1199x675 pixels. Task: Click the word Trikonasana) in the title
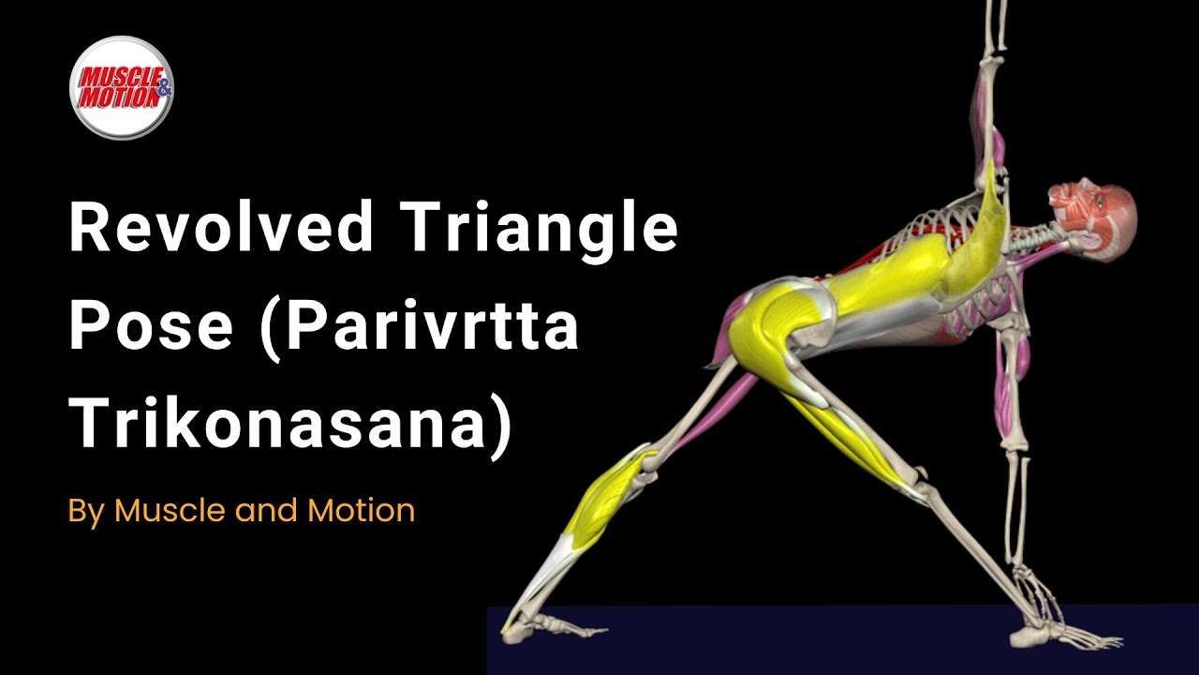pyautogui.click(x=291, y=423)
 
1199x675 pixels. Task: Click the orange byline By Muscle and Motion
pyautogui.click(x=241, y=511)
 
